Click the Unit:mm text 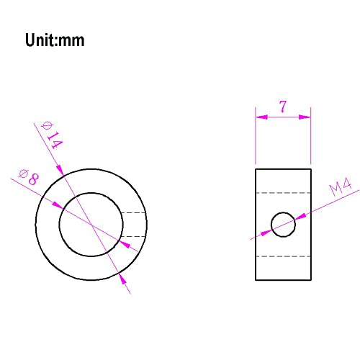(x=55, y=40)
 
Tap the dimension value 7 (x=283, y=107)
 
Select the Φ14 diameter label (x=52, y=135)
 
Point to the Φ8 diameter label (x=29, y=177)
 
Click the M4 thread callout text (x=341, y=186)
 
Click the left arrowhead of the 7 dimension (x=261, y=117)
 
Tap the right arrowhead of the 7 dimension (x=305, y=117)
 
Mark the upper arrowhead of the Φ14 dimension (x=60, y=170)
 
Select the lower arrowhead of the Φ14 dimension (x=122, y=279)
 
